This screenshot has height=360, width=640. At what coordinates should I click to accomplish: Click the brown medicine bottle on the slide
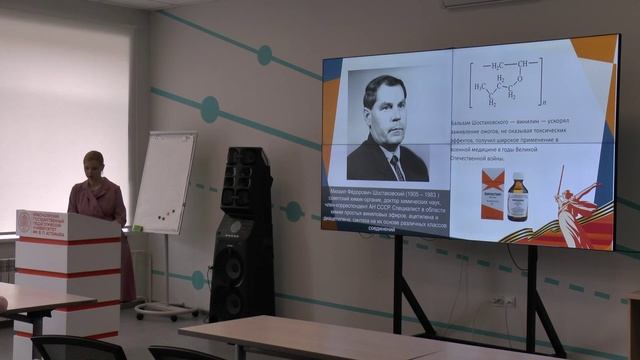click(517, 196)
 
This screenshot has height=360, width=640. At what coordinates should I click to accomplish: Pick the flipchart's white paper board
click(164, 180)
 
